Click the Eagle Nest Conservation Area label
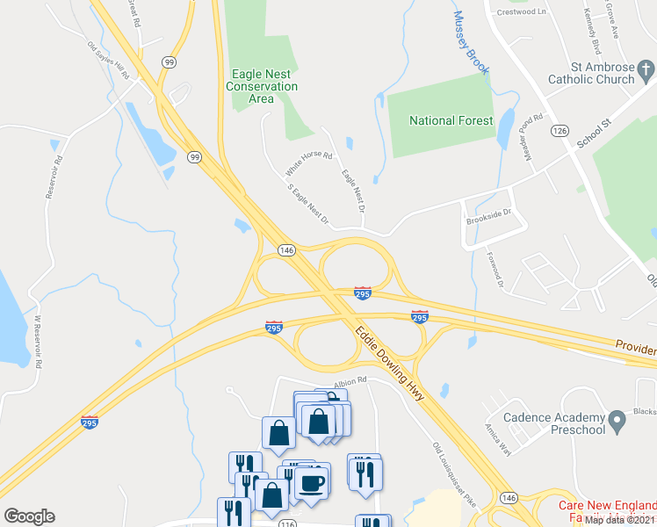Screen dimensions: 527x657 tap(262, 86)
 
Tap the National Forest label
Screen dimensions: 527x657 tap(451, 120)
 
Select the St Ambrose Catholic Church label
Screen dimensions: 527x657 tap(590, 72)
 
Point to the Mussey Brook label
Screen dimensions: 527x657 tap(470, 42)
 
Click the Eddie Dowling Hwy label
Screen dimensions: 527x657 tap(391, 364)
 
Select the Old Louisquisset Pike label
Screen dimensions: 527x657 tap(454, 473)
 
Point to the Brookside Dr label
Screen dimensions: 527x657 tap(488, 223)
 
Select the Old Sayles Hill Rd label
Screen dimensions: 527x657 tap(109, 61)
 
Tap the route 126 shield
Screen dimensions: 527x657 tap(560, 130)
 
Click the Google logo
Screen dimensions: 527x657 tap(29, 516)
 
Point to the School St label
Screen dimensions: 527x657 tap(593, 132)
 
